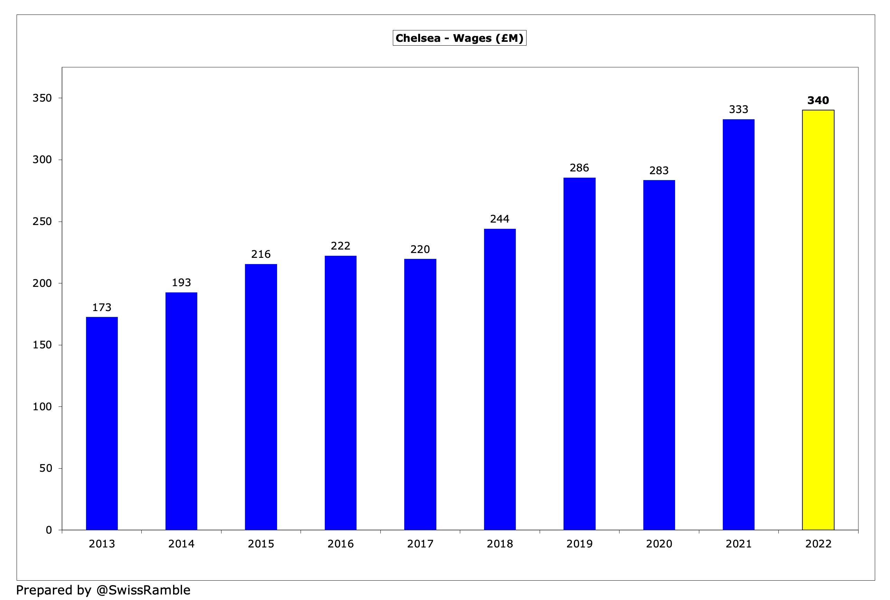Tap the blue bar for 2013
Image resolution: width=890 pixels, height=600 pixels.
[102, 423]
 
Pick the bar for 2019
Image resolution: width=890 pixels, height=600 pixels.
[579, 354]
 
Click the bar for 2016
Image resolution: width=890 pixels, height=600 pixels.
[340, 393]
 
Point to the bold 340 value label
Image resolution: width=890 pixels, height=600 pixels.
[818, 100]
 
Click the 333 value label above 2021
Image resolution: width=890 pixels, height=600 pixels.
[738, 110]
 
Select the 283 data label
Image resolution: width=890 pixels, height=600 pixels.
[659, 170]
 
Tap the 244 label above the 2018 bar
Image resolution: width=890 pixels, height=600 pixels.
[500, 219]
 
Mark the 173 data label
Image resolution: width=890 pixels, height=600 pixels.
[102, 307]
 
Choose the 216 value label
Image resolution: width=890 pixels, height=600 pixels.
[261, 254]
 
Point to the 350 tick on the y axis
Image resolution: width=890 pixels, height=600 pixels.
[42, 98]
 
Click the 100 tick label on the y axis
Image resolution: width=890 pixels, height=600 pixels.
[42, 406]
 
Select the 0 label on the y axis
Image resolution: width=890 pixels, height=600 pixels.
[49, 530]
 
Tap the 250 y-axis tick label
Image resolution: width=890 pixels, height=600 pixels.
[42, 221]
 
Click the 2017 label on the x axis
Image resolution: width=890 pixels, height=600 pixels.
[420, 544]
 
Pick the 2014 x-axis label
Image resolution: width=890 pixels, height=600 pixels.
[181, 544]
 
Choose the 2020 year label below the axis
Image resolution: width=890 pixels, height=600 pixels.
[659, 544]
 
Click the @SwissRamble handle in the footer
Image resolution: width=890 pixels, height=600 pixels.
[143, 590]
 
